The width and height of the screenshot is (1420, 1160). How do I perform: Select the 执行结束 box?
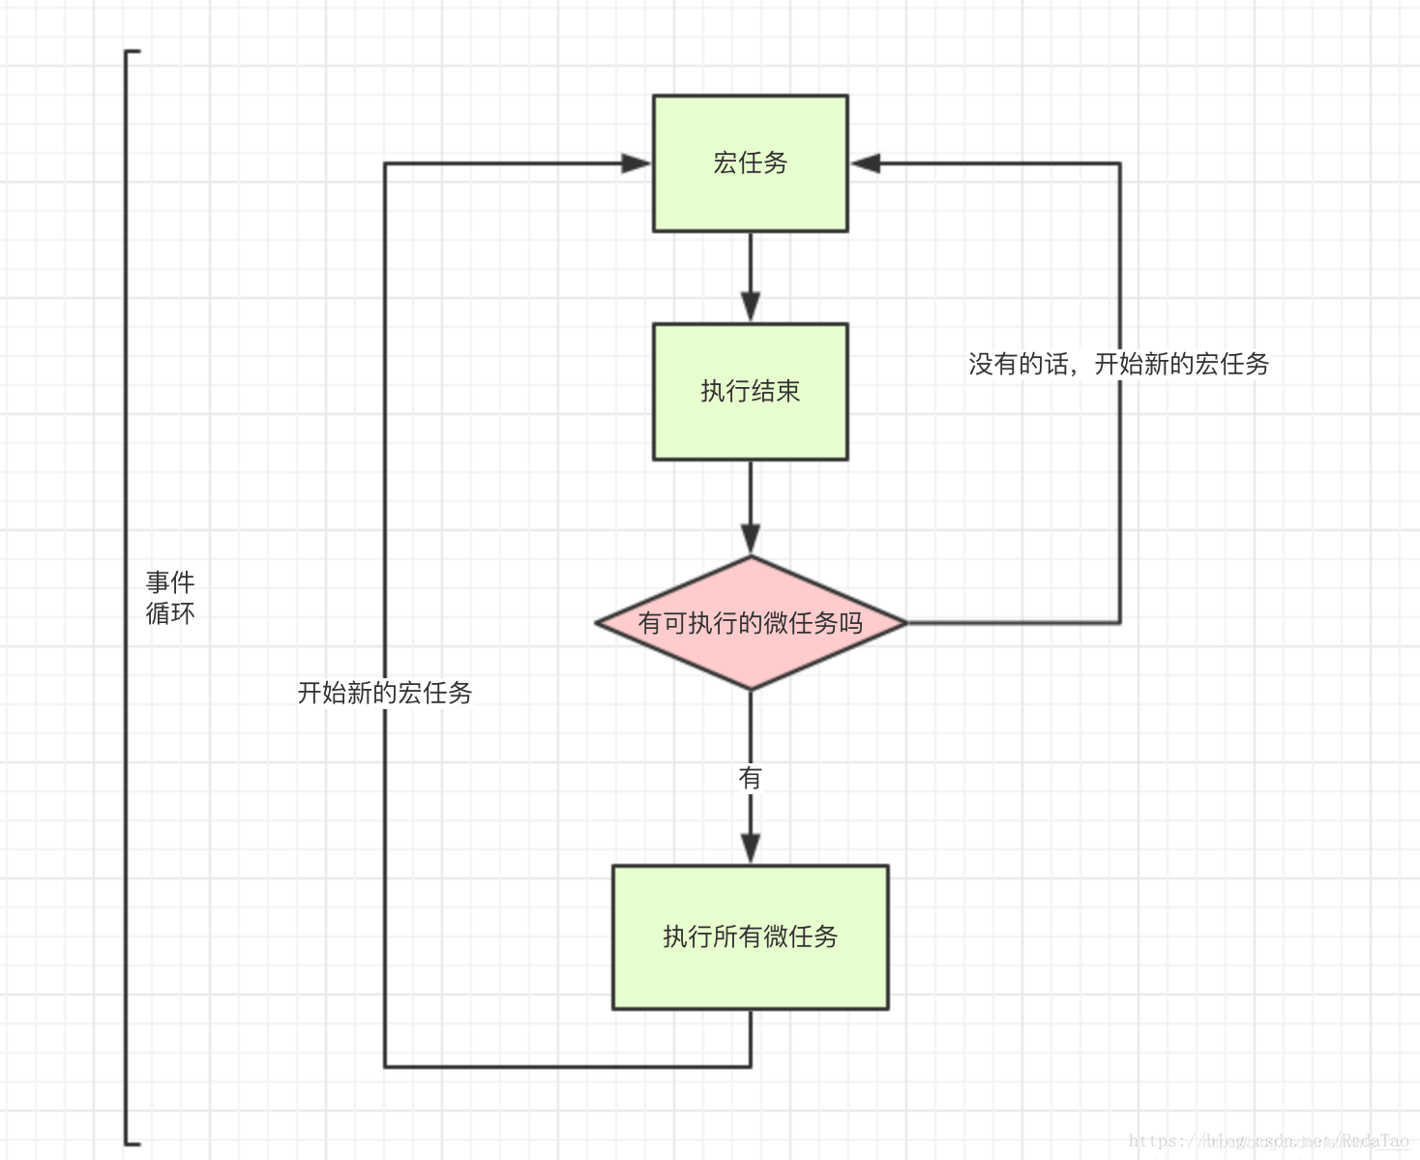(750, 391)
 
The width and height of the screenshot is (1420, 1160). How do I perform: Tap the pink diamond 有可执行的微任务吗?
(750, 622)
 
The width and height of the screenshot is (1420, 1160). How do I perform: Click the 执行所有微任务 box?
(750, 937)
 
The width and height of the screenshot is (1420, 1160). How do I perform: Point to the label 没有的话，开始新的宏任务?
(1118, 364)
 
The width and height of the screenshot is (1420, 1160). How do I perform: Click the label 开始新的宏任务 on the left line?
(384, 693)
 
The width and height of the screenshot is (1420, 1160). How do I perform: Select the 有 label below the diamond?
(750, 778)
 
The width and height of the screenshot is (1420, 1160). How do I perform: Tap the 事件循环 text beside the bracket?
(170, 598)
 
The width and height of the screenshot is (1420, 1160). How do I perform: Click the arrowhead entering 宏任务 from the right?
(865, 164)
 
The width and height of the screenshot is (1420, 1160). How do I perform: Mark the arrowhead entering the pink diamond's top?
(750, 539)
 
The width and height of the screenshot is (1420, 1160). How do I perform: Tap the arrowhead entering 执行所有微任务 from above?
(750, 848)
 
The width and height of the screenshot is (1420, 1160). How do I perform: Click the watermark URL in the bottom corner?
(1268, 1142)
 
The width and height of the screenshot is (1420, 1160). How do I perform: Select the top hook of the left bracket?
(133, 51)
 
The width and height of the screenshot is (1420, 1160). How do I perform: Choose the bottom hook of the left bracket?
(133, 1143)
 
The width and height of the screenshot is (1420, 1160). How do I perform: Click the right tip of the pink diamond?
(904, 623)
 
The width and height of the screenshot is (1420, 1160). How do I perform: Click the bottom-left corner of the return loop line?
(385, 1066)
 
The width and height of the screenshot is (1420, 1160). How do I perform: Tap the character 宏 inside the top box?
(725, 164)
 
